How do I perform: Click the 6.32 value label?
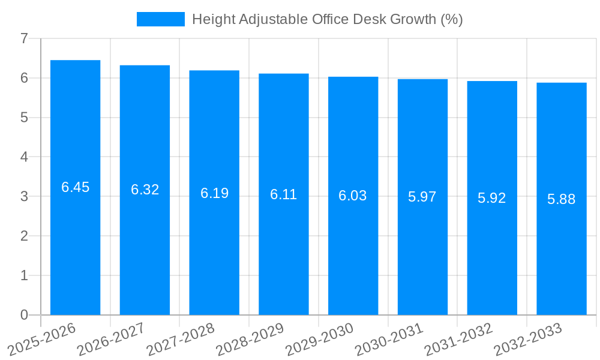point(145,190)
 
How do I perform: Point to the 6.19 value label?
point(214,193)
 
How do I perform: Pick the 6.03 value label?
point(353,196)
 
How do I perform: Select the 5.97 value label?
point(422,197)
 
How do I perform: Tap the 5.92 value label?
point(492,198)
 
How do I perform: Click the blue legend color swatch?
point(161,19)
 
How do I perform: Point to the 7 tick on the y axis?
point(24,38)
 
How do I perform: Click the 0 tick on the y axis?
point(24,315)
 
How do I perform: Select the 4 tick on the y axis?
point(24,157)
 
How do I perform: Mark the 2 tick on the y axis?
point(24,236)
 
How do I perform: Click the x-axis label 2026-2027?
point(112,340)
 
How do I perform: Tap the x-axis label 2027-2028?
point(181,340)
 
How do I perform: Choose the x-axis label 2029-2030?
point(320,340)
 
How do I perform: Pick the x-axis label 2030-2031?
point(389,340)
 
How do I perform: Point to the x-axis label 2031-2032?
point(459,340)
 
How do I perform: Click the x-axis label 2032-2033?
point(528,340)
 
